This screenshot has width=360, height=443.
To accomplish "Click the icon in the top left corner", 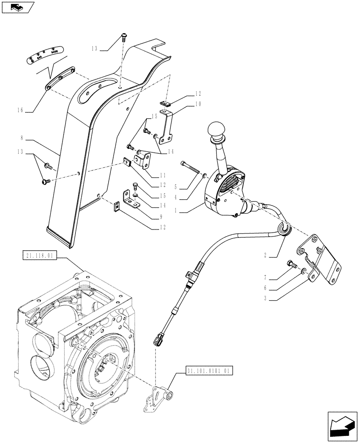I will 18,7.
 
